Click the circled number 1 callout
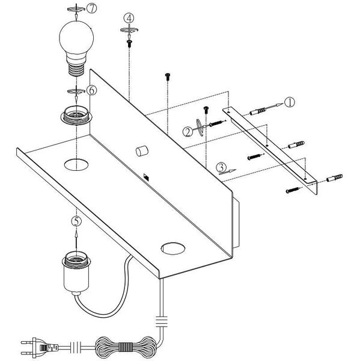(289, 102)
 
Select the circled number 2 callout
(188, 131)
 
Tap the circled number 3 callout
(221, 167)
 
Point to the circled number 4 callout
(130, 19)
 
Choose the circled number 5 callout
(76, 221)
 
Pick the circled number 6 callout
(91, 90)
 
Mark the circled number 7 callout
(91, 8)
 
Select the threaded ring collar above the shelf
(76, 115)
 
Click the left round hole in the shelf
(76, 164)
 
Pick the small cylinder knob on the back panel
(142, 150)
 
